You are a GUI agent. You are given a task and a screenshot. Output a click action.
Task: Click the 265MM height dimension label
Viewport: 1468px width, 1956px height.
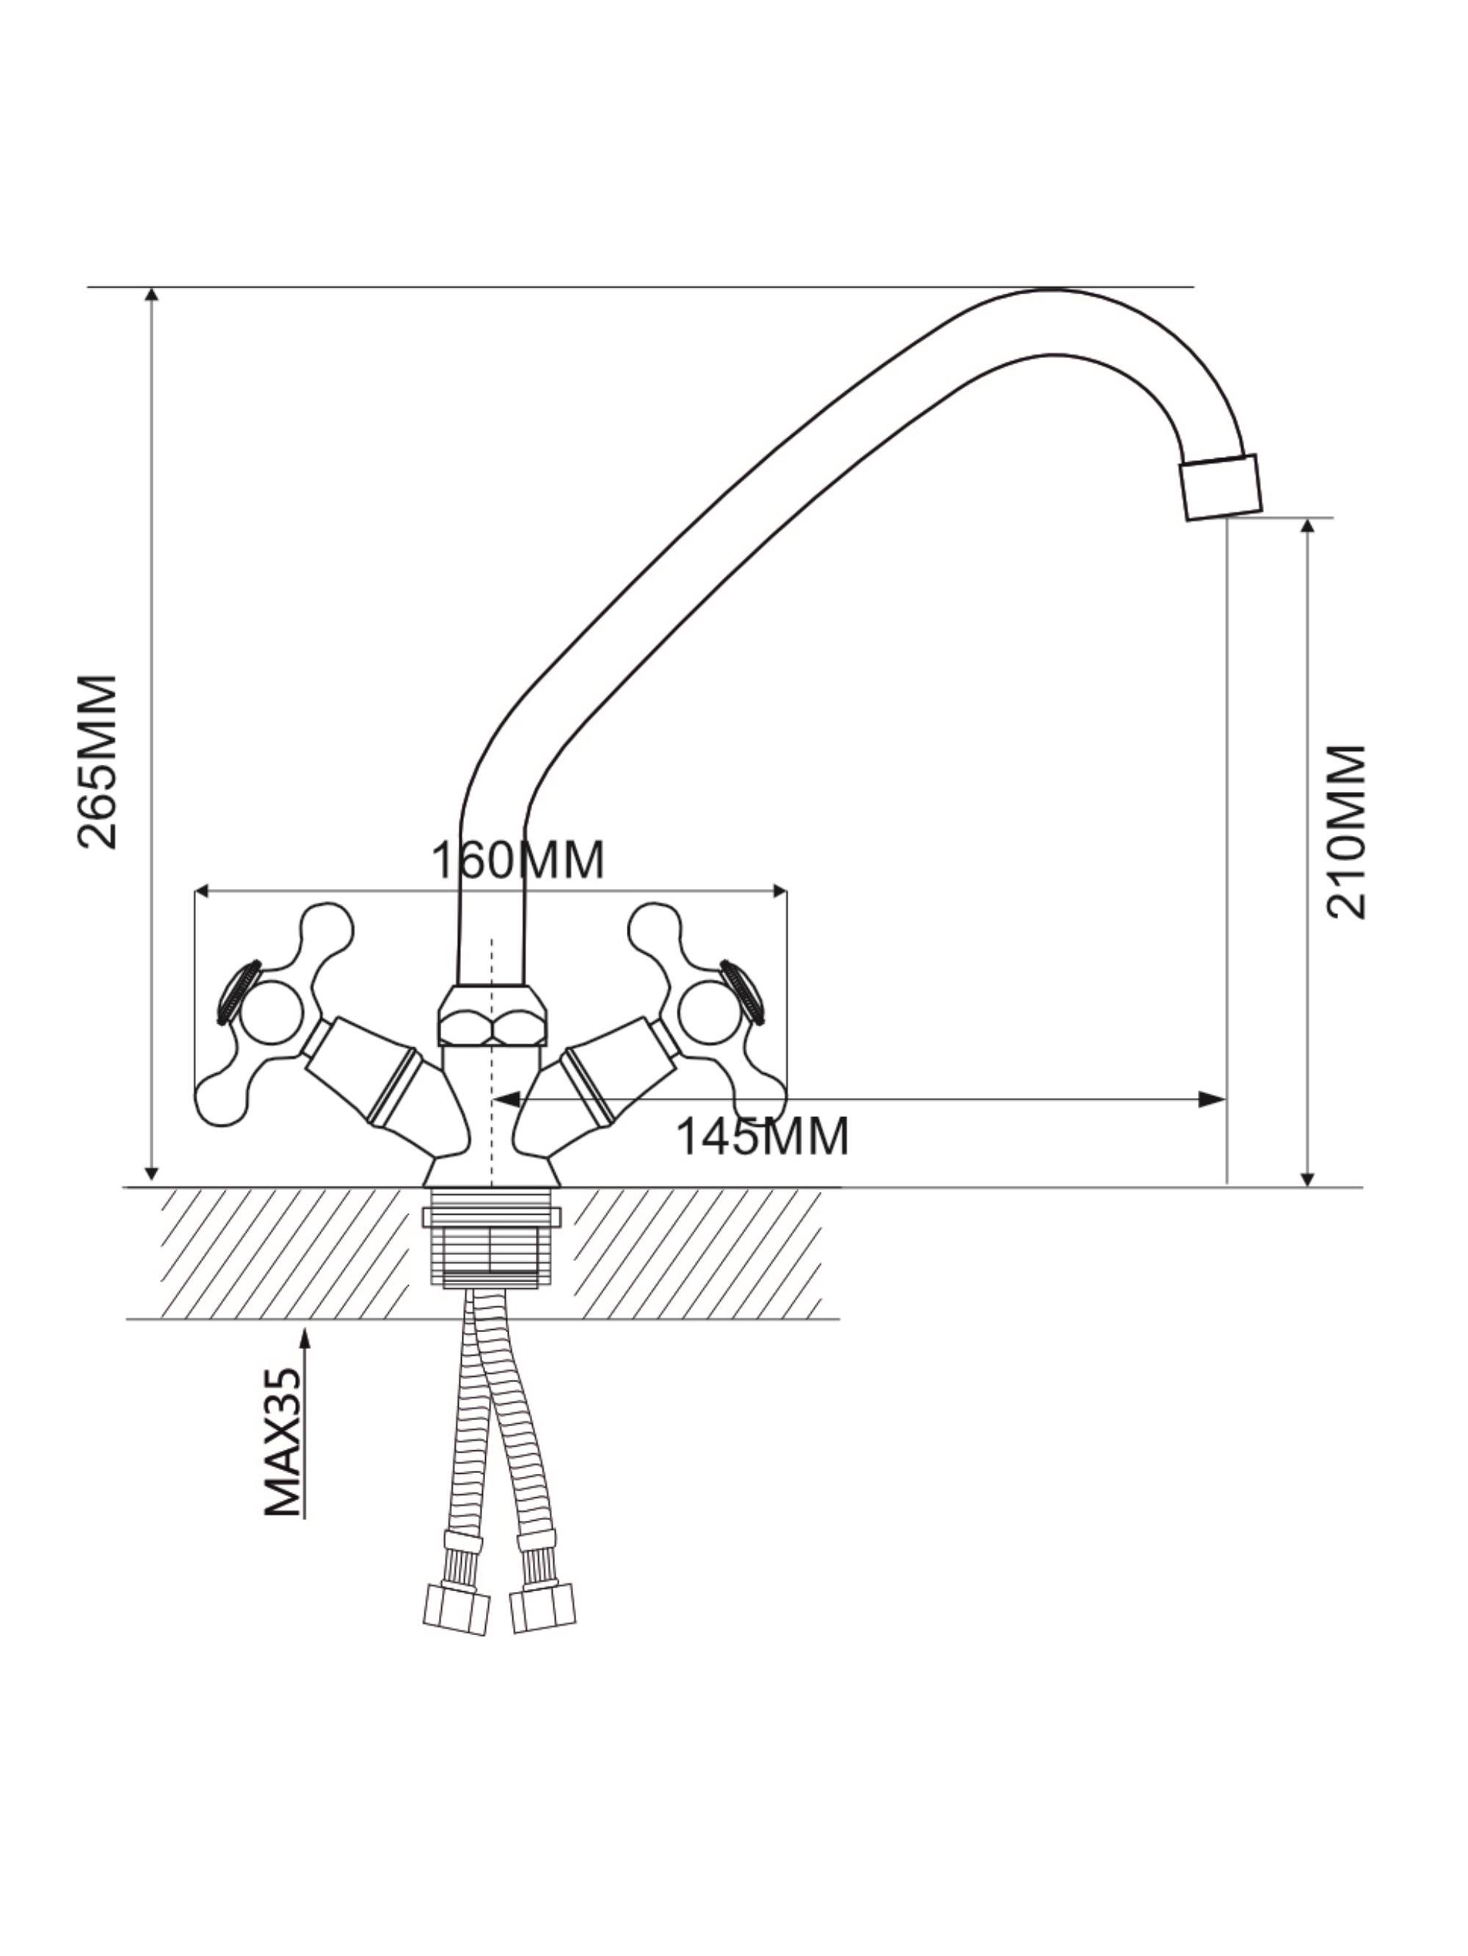point(98,763)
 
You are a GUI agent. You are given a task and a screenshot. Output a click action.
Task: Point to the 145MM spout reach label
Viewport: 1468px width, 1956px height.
point(763,1136)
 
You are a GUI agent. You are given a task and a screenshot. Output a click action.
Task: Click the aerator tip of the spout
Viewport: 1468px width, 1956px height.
point(1221,487)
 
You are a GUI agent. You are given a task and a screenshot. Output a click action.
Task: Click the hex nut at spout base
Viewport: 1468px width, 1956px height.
point(492,1016)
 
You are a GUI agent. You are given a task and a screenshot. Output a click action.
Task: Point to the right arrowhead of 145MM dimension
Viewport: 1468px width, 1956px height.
point(1213,1100)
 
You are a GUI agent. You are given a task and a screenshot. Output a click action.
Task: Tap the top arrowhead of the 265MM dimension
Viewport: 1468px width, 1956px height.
point(152,295)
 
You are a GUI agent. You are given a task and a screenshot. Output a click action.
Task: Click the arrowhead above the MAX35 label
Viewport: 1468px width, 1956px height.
point(306,1337)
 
